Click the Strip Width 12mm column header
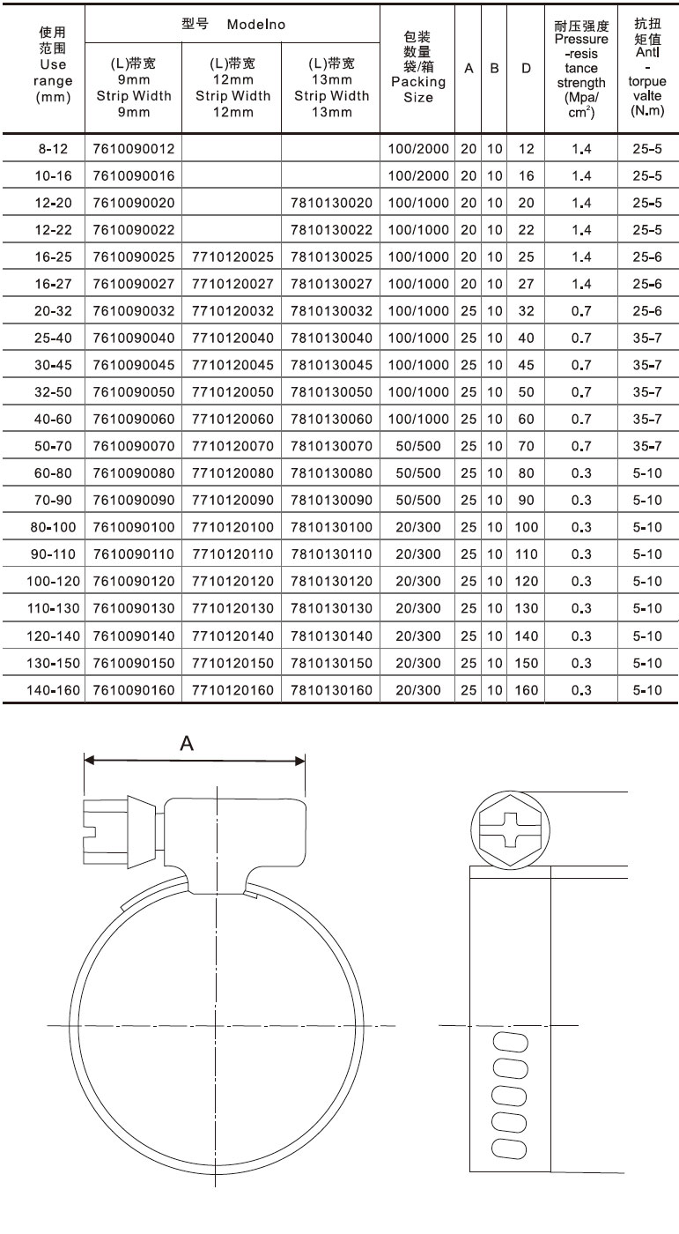232,87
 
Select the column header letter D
526,68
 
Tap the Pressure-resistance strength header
581,69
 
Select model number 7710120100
231,528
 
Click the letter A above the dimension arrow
187,745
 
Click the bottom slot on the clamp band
507,1147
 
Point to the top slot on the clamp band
507,1041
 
